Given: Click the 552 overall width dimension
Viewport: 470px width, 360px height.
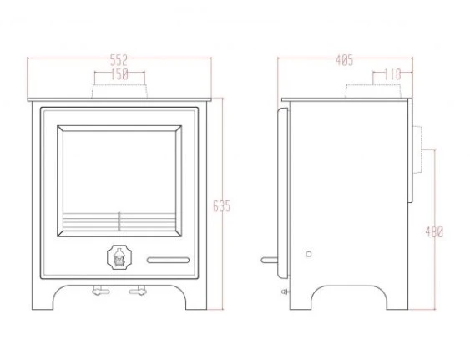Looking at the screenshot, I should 120,60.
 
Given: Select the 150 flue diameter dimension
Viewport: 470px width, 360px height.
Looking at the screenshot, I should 119,75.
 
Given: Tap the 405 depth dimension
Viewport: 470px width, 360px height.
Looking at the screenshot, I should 344,60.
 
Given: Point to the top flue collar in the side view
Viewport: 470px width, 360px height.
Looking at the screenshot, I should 372,90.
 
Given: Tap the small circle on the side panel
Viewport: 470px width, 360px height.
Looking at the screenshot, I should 308,254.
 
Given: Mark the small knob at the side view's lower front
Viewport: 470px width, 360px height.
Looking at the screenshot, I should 286,292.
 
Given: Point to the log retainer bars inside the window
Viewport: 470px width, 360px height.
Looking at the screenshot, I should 119,222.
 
